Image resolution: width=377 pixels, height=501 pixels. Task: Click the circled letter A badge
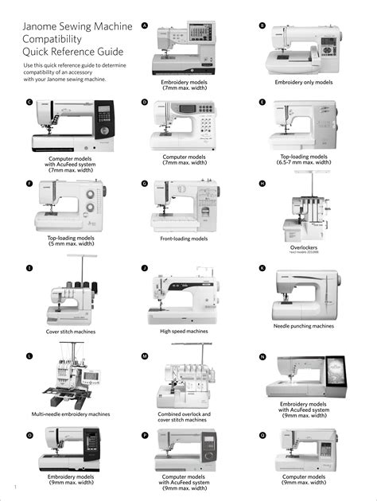[x=144, y=25]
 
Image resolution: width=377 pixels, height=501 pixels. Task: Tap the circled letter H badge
[x=262, y=184]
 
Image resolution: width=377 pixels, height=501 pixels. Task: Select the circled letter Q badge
[x=262, y=435]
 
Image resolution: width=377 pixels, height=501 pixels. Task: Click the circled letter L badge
[x=29, y=355]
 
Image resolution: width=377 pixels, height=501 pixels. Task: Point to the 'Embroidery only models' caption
[x=304, y=82]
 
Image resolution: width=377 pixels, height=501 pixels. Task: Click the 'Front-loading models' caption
[x=184, y=239]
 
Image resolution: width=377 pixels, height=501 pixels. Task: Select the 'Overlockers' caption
[x=304, y=247]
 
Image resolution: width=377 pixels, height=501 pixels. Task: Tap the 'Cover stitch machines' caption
[x=71, y=332]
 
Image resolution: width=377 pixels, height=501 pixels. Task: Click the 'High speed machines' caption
[x=184, y=331]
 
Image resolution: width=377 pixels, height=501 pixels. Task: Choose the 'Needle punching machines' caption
[x=304, y=326]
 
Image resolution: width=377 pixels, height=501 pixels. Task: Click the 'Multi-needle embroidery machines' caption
[x=71, y=414]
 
